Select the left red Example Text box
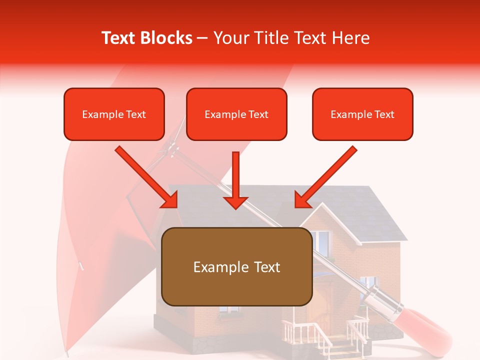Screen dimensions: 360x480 tap(114, 114)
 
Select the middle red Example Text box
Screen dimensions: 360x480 tap(236, 114)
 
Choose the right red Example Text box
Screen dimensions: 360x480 tap(362, 114)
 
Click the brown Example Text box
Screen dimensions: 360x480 tap(236, 267)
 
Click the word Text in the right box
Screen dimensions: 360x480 tap(384, 114)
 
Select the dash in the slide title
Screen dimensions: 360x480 tap(202, 38)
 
